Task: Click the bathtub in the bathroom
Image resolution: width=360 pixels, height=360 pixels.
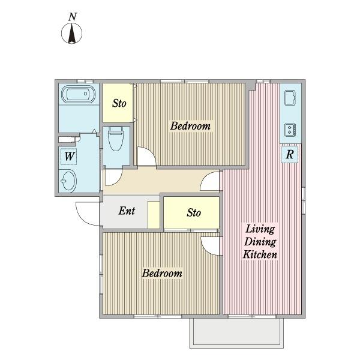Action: click(78, 94)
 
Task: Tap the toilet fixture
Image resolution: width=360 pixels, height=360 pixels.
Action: click(115, 139)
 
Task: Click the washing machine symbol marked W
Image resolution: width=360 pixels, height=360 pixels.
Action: click(68, 157)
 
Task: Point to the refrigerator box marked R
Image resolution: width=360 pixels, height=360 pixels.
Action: click(289, 154)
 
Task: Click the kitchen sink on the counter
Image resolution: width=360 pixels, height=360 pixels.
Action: click(290, 98)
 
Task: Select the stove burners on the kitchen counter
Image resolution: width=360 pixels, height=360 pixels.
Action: click(290, 130)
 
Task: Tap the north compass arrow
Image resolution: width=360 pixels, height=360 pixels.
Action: click(72, 33)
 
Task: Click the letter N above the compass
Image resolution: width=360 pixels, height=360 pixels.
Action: click(73, 17)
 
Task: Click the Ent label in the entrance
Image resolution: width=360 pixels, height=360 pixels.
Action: click(127, 211)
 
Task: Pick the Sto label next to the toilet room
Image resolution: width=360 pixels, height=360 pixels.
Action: click(119, 103)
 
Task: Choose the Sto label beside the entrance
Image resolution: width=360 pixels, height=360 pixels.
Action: click(194, 212)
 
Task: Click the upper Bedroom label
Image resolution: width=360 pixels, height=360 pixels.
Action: click(190, 126)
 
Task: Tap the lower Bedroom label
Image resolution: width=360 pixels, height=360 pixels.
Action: click(162, 273)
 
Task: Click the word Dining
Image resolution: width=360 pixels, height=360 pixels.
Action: click(260, 242)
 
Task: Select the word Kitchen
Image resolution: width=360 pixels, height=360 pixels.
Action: click(260, 254)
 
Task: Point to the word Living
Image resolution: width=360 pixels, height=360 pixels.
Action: click(260, 229)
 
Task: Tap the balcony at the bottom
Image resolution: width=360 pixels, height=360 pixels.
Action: click(236, 332)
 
